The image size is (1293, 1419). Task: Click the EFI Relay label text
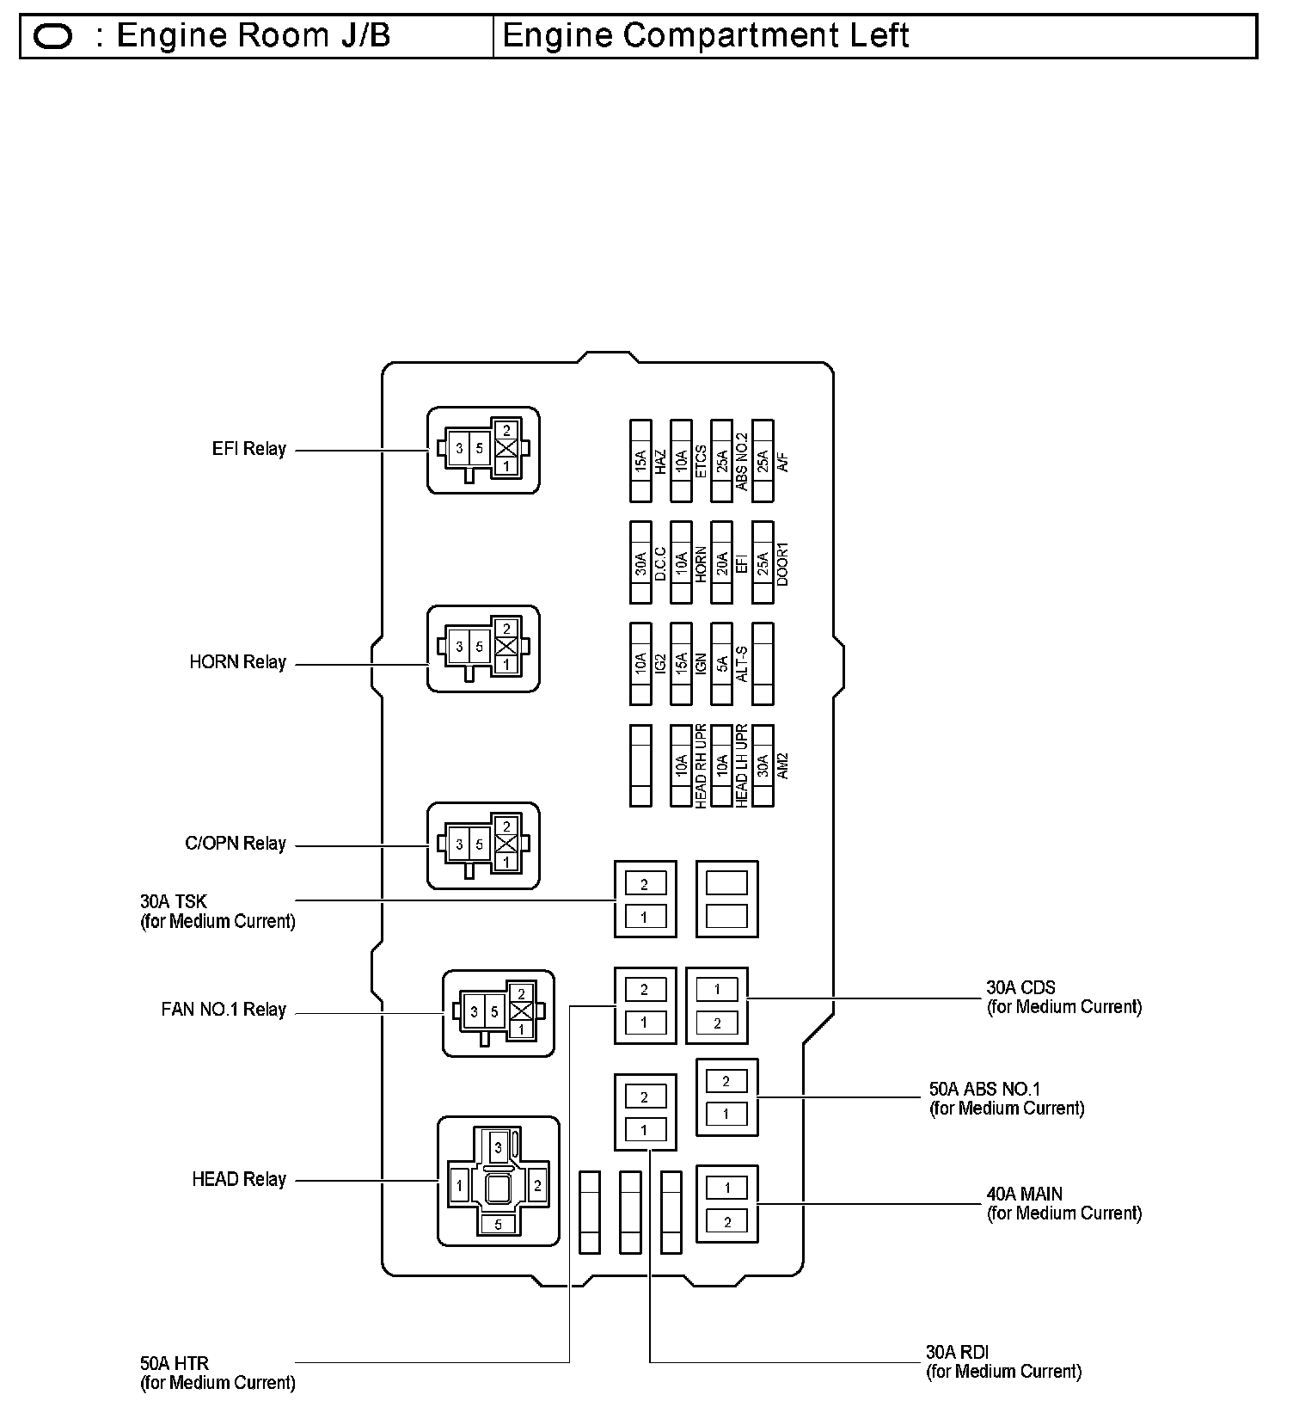coord(248,449)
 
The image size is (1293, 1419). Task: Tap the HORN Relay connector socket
coord(483,648)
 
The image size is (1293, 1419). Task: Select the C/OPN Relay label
coord(235,844)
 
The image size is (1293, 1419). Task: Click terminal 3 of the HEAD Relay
coord(498,1147)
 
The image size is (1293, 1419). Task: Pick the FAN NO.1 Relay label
coord(223,1010)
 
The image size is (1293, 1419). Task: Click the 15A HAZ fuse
coord(640,461)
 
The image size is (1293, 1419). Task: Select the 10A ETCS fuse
coord(681,461)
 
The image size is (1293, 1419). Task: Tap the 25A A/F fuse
coord(763,461)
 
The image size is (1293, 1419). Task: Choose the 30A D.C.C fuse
coord(640,562)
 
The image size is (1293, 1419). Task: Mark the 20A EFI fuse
coord(721,562)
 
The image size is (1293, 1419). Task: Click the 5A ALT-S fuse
coord(721,664)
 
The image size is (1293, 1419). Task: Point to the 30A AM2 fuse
coord(763,765)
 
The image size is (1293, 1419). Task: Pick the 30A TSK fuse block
coord(645,900)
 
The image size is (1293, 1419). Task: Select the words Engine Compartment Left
coord(705,36)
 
